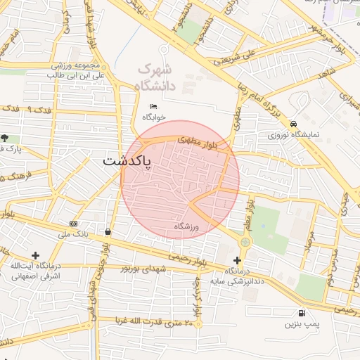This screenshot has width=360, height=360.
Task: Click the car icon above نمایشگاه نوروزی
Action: click(293, 122)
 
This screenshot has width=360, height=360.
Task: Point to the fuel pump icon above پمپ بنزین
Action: click(302, 313)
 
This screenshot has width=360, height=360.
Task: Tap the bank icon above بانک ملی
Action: click(74, 224)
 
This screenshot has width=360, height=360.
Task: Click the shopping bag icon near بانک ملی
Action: click(107, 231)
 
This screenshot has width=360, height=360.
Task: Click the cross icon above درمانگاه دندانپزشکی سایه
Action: click(238, 260)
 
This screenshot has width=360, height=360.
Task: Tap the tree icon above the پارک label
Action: click(6, 138)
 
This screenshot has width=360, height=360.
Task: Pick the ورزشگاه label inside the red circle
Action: click(188, 226)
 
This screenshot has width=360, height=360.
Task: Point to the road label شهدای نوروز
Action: click(145, 269)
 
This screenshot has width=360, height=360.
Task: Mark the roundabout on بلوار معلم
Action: click(245, 243)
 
